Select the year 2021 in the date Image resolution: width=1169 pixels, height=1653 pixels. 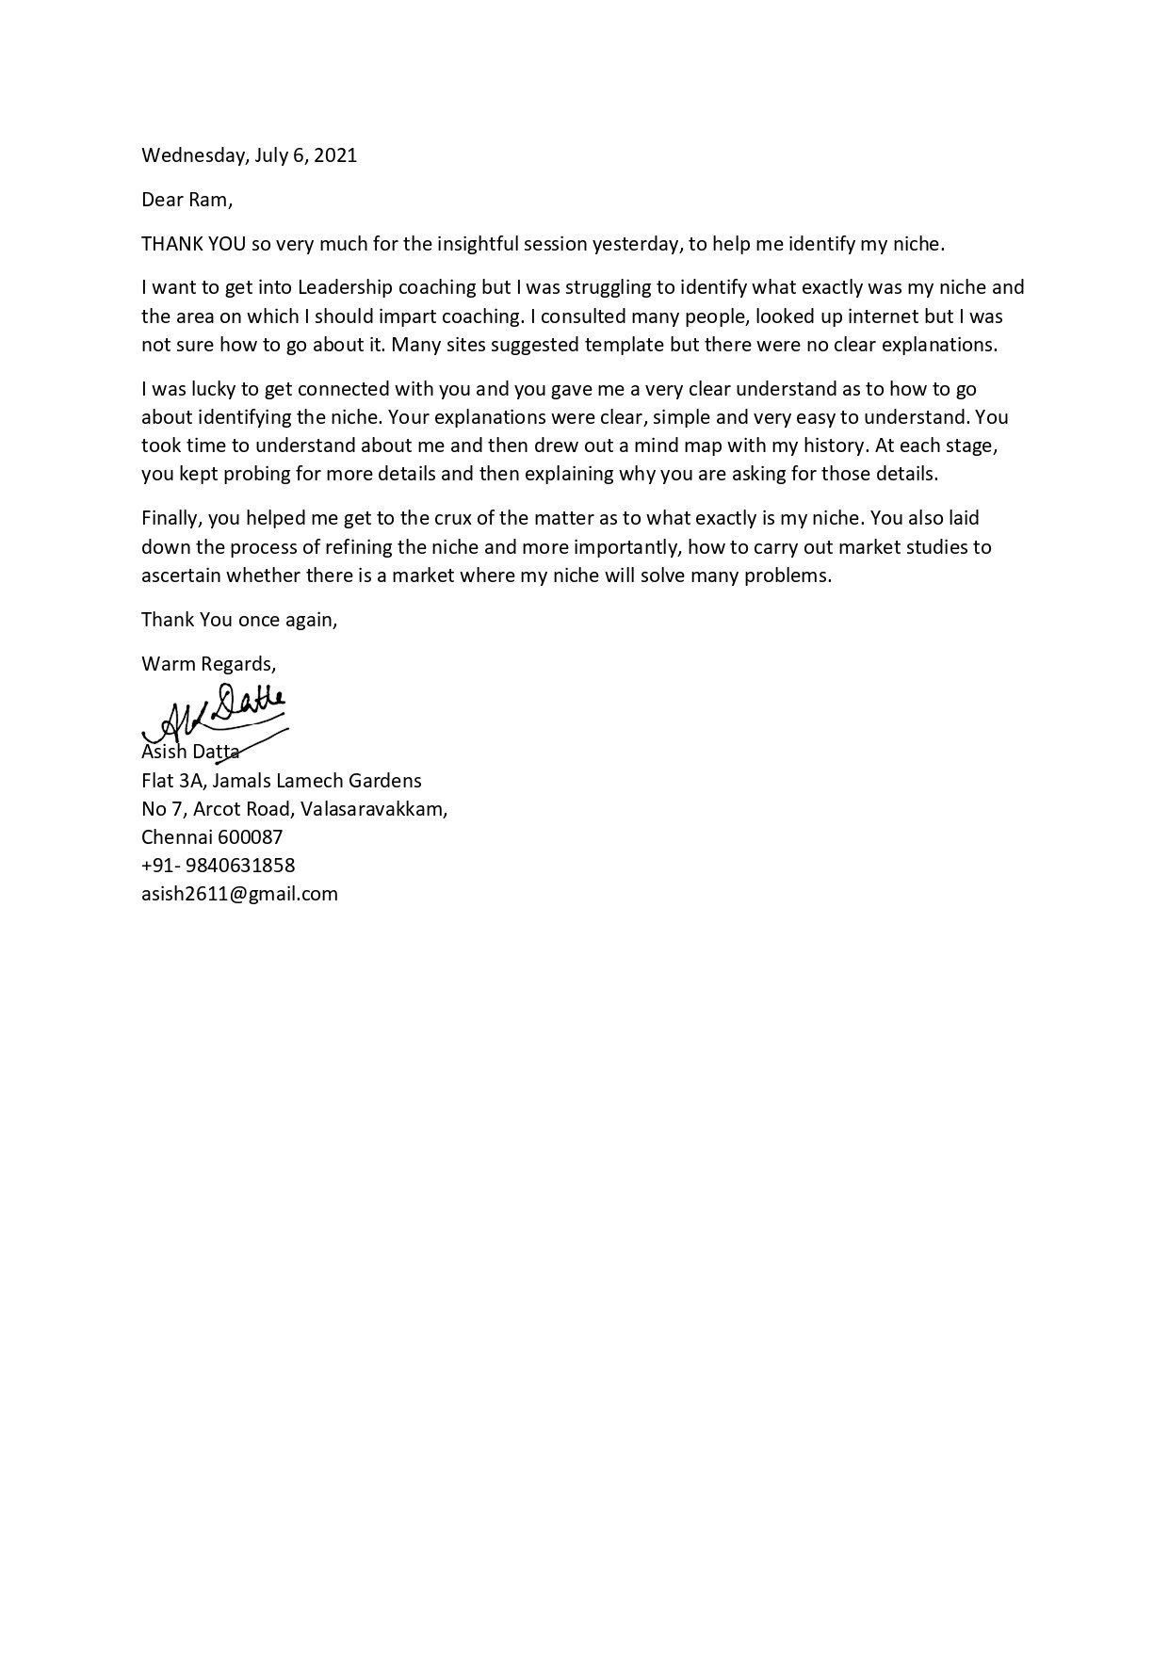pos(334,155)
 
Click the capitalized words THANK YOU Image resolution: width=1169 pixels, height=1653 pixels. pos(193,244)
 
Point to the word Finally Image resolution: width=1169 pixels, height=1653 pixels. pos(170,518)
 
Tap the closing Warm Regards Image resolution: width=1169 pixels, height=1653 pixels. pos(208,664)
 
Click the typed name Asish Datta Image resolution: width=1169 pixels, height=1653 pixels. pos(189,752)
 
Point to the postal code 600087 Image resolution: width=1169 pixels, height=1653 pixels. pos(251,836)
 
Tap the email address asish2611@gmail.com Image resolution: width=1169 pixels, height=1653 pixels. pos(239,893)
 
